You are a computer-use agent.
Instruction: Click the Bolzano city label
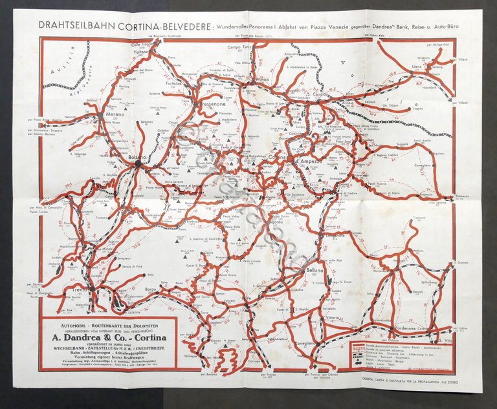[138, 158]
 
